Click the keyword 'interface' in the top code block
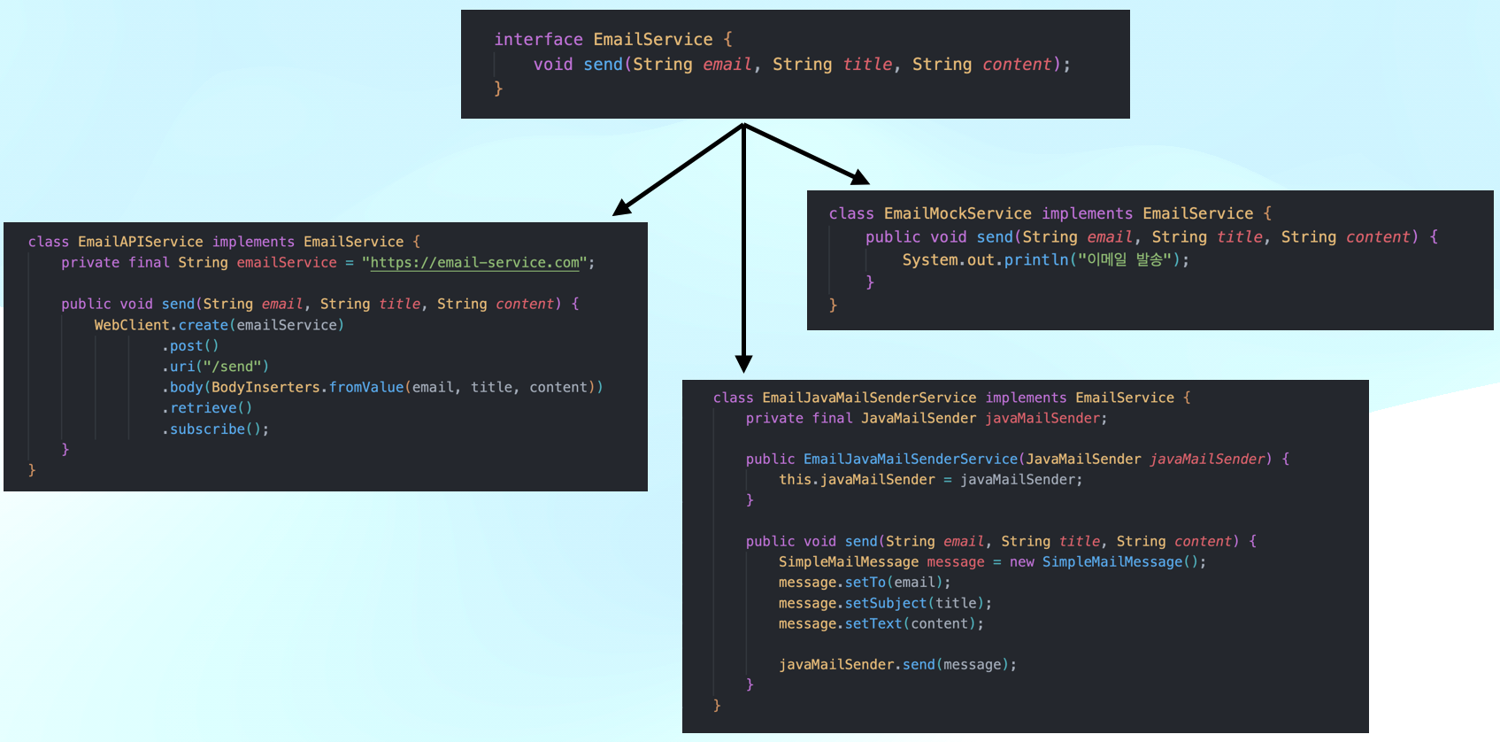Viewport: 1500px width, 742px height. click(x=538, y=40)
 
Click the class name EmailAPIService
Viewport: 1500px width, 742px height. click(x=140, y=242)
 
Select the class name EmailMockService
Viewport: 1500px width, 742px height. click(x=958, y=213)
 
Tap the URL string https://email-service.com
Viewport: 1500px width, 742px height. click(x=475, y=263)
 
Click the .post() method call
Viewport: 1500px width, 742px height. click(x=191, y=346)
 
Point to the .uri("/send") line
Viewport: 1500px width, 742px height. click(x=216, y=367)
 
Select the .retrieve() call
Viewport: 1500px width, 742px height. click(x=208, y=408)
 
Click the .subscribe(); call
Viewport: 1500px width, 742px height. click(x=216, y=429)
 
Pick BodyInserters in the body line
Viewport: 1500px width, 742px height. click(x=265, y=388)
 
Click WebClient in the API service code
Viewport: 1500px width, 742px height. click(x=131, y=325)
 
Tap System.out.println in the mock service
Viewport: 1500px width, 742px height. click(x=985, y=260)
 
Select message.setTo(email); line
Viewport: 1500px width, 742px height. click(x=864, y=583)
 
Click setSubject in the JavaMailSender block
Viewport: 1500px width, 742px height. click(x=885, y=604)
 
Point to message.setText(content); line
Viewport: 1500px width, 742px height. click(x=881, y=624)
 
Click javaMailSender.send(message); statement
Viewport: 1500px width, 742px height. click(x=897, y=665)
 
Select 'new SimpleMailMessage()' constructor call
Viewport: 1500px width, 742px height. click(x=1107, y=562)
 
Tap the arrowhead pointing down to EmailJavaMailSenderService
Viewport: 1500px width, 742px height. click(x=743, y=364)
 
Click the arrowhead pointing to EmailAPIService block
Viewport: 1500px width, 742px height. click(x=622, y=208)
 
